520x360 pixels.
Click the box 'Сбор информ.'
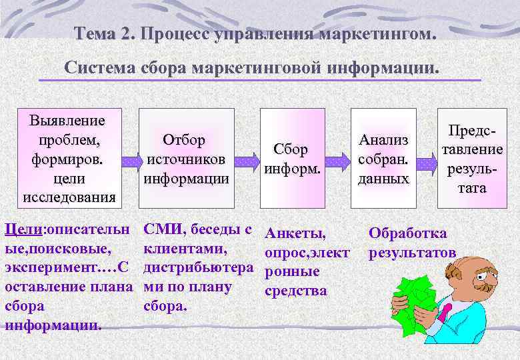(x=286, y=159)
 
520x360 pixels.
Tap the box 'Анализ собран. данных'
(x=383, y=159)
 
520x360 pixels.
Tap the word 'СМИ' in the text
(x=164, y=230)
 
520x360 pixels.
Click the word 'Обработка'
(x=408, y=234)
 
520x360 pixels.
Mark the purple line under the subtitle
(x=260, y=81)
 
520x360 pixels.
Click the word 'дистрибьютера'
(x=198, y=267)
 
